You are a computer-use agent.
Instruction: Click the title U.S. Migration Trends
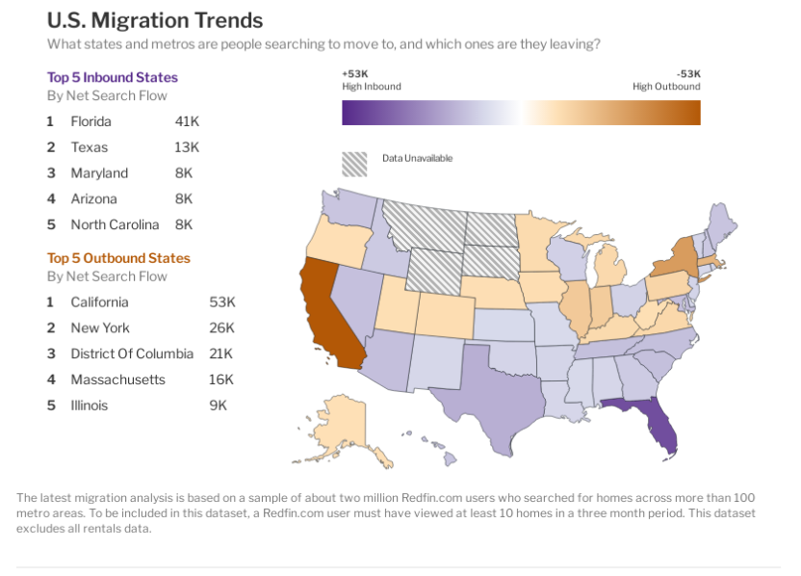[x=155, y=20]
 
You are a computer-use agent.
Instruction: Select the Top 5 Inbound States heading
[x=113, y=77]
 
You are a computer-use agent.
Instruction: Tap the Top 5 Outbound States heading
[x=118, y=258]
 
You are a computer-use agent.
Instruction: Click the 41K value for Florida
[x=187, y=121]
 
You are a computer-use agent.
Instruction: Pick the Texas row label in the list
[x=90, y=147]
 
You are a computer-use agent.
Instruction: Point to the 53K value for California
[x=221, y=302]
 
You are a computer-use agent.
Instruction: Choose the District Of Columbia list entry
[x=132, y=353]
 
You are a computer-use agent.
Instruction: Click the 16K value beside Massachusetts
[x=220, y=380]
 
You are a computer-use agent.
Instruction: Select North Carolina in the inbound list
[x=115, y=224]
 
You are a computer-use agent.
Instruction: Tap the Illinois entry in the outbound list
[x=89, y=406]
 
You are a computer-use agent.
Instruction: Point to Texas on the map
[x=486, y=395]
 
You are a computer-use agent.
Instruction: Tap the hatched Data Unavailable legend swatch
[x=355, y=164]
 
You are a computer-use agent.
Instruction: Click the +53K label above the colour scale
[x=355, y=73]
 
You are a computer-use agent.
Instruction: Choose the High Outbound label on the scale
[x=666, y=87]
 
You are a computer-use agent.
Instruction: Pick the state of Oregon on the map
[x=337, y=240]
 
